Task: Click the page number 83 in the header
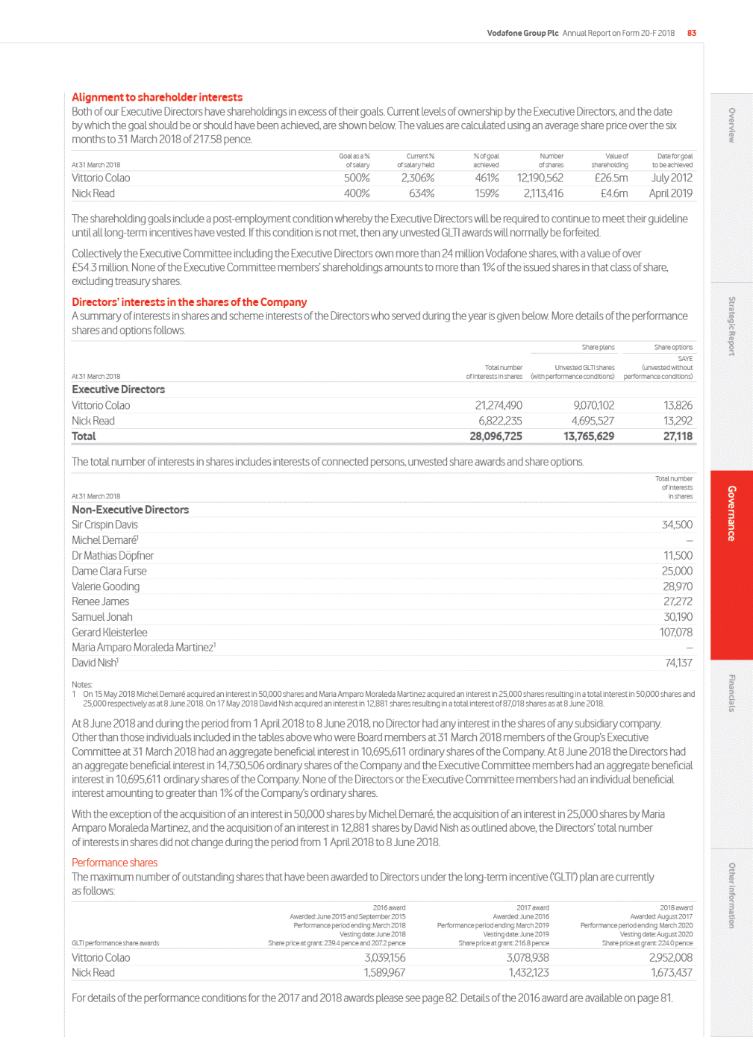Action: tap(692, 33)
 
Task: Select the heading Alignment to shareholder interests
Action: tap(157, 97)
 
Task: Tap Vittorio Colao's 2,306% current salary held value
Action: tap(417, 178)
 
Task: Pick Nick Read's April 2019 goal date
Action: tap(670, 193)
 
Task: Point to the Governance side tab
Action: tap(731, 513)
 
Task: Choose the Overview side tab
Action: tap(731, 125)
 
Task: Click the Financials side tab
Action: tap(731, 693)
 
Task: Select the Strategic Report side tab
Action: tap(731, 326)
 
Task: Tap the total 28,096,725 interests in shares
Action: tap(496, 436)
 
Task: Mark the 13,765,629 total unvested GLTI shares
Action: tap(589, 436)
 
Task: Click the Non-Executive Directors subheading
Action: tap(130, 510)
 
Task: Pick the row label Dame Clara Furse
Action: tap(109, 571)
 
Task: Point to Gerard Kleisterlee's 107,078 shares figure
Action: tap(675, 632)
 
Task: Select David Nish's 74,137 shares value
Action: tap(678, 663)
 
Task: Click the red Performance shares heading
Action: tap(114, 863)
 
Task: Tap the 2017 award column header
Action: tap(532, 908)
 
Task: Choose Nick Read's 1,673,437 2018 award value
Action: tap(671, 972)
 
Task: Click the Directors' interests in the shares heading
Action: tap(189, 302)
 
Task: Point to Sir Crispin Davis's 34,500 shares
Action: tap(677, 525)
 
